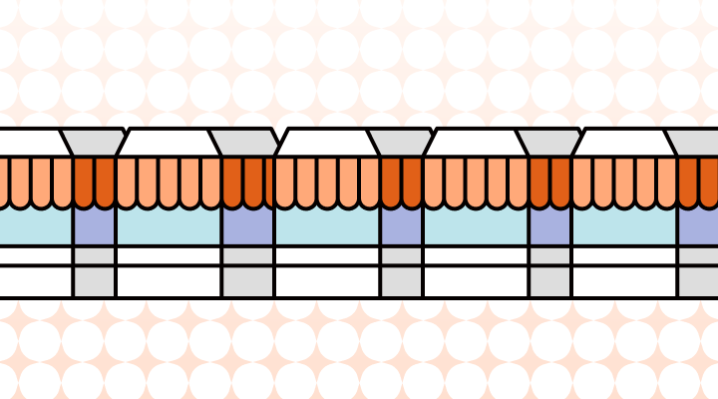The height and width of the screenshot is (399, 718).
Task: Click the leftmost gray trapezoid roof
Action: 94,143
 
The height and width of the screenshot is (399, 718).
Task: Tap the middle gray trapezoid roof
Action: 401,143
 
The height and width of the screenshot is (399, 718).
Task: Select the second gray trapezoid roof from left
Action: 247,143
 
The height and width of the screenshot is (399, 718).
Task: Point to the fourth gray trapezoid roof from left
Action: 549,143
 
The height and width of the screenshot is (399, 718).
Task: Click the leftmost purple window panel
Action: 94,225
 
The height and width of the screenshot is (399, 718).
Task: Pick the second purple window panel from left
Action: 247,225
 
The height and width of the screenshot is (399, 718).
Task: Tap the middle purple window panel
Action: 401,225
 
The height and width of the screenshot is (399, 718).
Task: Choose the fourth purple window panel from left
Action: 549,225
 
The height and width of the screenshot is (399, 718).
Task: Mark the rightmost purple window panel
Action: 698,225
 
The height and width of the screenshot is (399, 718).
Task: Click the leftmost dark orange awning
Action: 94,180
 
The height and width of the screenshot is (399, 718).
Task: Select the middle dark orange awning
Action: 401,180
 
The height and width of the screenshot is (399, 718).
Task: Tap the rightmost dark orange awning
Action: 698,180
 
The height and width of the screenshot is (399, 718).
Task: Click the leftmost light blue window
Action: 36,225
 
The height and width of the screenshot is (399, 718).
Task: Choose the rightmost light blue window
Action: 624,225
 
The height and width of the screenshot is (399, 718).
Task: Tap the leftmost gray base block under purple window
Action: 94,271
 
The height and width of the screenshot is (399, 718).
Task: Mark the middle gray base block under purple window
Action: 401,271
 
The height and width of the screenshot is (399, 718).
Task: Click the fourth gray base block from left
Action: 549,271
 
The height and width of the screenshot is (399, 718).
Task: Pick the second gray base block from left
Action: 247,271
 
